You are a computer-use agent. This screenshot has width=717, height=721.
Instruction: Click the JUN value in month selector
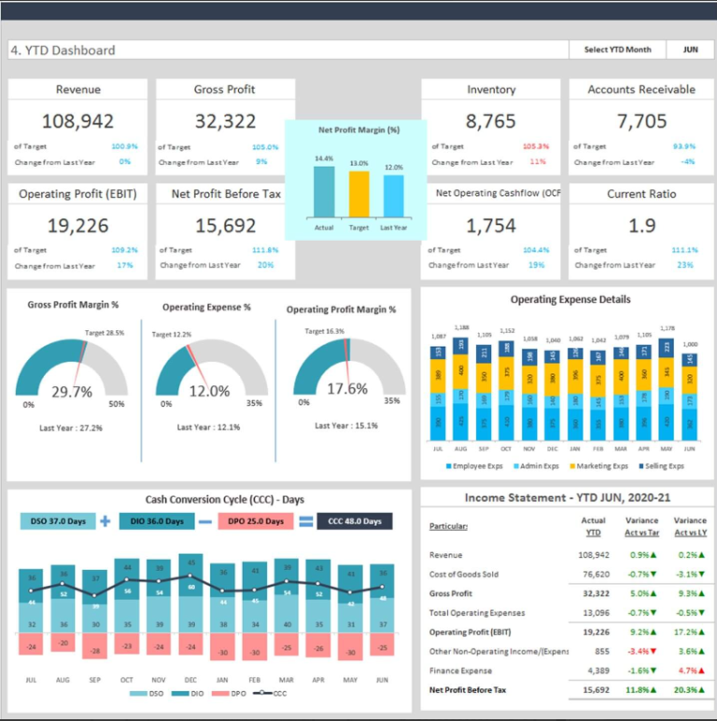(690, 49)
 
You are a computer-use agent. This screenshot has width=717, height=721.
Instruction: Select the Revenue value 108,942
(78, 121)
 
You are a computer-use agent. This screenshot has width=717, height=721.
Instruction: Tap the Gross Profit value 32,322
(225, 121)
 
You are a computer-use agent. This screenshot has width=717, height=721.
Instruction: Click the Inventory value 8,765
(490, 121)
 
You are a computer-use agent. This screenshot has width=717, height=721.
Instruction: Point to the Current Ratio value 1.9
(641, 226)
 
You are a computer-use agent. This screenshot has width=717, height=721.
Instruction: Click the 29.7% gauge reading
(71, 393)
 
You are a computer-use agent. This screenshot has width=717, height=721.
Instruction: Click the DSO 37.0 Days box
(57, 521)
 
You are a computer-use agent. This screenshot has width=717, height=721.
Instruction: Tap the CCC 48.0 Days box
(354, 521)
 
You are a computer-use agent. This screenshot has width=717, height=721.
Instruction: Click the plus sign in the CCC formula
(105, 521)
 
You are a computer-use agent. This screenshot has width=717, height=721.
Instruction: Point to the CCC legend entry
(273, 693)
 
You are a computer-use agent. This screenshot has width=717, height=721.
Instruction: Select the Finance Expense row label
(460, 671)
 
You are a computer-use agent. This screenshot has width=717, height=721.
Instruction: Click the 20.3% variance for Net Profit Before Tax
(688, 690)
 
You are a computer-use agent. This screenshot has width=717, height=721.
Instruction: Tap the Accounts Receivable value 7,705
(641, 121)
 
